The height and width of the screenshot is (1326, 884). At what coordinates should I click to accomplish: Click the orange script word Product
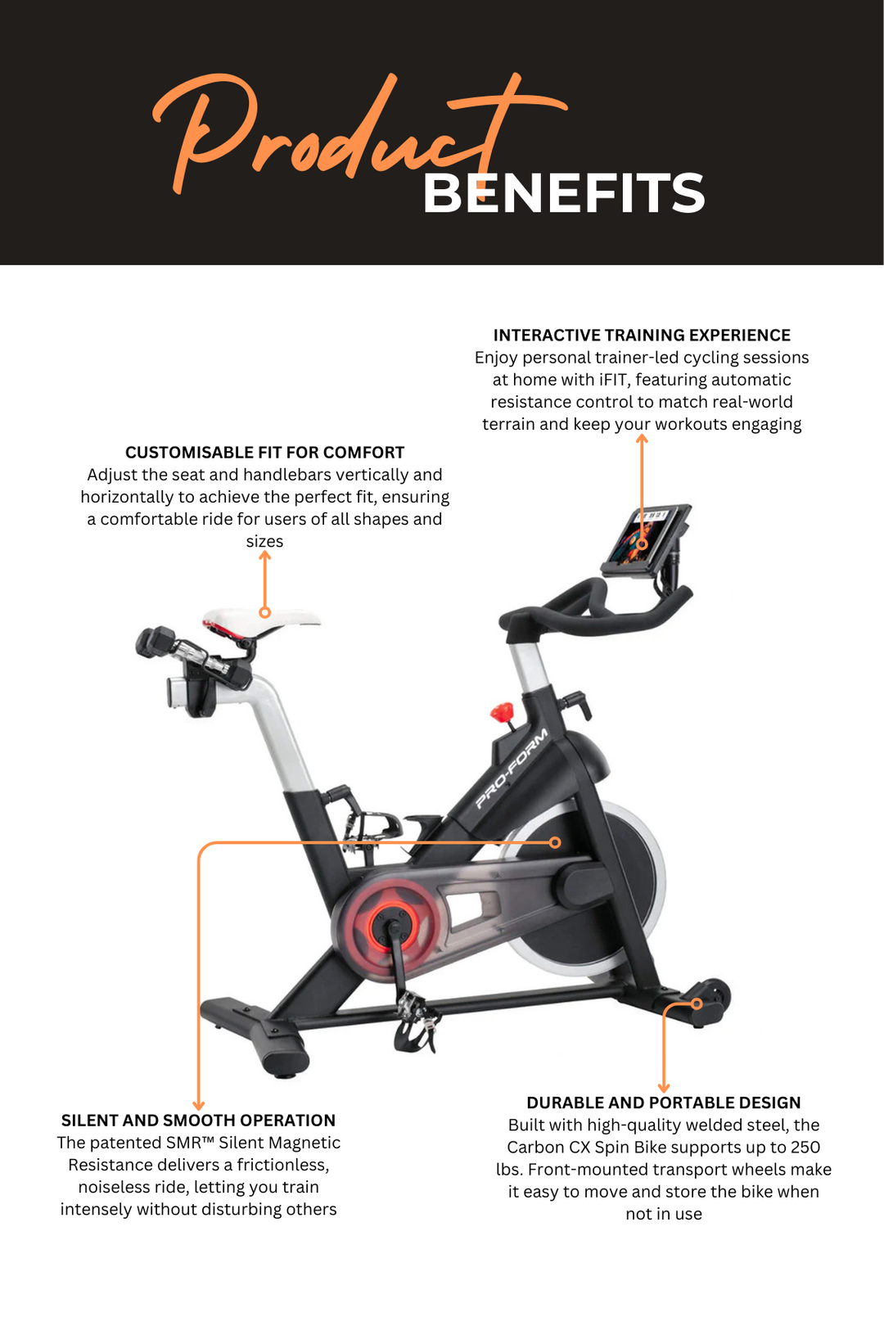pos(327,131)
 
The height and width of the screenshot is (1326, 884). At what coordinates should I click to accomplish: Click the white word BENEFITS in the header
pos(563,194)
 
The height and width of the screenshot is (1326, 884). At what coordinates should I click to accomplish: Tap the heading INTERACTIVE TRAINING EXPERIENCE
pos(642,336)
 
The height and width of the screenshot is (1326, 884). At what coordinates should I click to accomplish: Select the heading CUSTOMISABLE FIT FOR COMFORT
pos(264,453)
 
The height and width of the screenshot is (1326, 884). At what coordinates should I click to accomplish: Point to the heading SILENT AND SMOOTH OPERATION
pos(198,1121)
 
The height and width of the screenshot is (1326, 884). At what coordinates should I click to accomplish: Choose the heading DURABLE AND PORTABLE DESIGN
pos(663,1103)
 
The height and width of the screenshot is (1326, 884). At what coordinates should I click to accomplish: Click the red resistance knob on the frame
pos(503,713)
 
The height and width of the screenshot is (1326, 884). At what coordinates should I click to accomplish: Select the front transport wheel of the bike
pos(713,999)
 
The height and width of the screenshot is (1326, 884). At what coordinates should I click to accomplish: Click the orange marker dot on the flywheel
pos(555,842)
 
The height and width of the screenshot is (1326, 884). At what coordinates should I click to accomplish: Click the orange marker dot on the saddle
pos(264,612)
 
